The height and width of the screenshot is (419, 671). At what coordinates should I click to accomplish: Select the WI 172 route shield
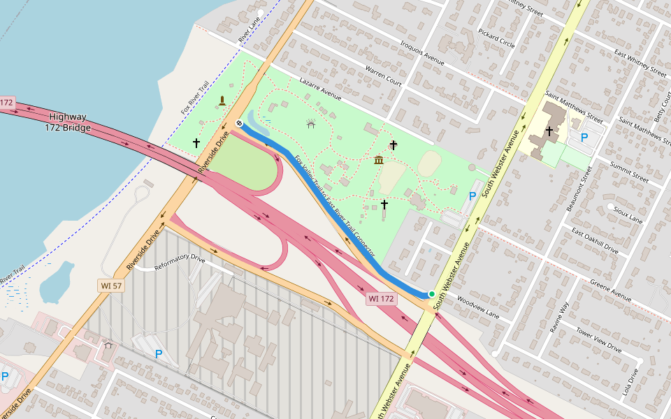click(382, 299)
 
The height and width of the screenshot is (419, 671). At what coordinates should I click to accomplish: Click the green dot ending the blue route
click(432, 293)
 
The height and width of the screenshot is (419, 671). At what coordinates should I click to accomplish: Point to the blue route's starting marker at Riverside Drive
click(239, 124)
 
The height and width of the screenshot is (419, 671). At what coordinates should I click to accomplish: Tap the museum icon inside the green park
click(379, 161)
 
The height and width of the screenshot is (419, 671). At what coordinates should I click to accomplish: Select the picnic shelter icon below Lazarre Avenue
click(311, 123)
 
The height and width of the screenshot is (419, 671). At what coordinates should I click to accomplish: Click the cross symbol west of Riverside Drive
click(196, 143)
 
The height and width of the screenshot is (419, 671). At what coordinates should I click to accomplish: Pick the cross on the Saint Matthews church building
click(549, 130)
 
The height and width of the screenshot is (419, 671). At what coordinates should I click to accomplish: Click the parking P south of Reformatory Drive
click(159, 354)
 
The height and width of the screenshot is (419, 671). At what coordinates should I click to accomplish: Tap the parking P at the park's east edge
click(472, 196)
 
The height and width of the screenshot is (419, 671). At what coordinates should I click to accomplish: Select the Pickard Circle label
click(496, 38)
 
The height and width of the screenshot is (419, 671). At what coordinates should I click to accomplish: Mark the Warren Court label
click(383, 77)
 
